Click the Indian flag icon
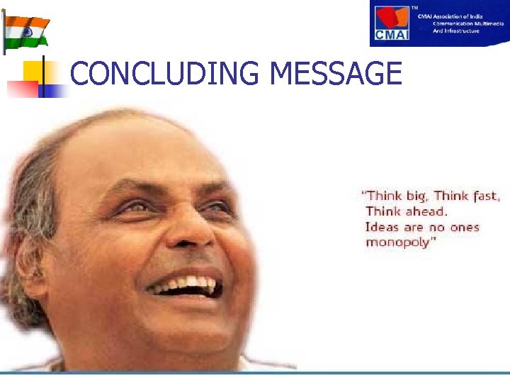26,30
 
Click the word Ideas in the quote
382,227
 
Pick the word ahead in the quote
426,211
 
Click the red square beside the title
22,89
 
